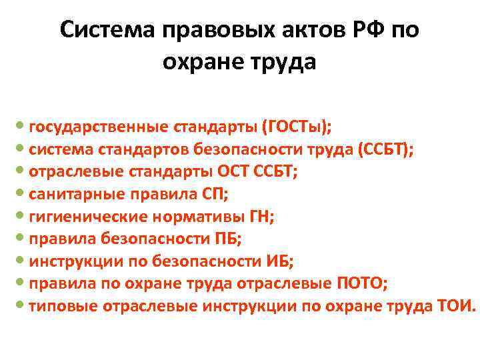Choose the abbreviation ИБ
click(x=280, y=261)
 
